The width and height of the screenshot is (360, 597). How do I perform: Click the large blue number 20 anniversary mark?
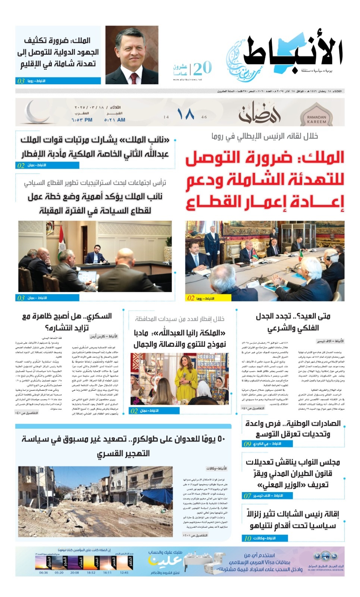tap(203, 68)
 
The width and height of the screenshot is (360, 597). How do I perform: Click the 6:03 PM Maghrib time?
tap(82, 120)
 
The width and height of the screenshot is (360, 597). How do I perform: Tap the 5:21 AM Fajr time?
tap(115, 120)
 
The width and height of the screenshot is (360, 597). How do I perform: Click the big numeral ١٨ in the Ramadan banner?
tap(185, 115)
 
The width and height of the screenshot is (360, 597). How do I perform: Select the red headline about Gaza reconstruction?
tap(265, 180)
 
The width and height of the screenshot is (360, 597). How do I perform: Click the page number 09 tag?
tap(247, 444)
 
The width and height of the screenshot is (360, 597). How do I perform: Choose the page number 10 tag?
tap(248, 538)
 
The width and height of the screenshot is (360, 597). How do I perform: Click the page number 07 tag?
tap(247, 496)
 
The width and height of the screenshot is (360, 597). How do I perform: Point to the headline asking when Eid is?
tap(293, 322)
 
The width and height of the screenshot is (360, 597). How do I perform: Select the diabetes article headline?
tap(67, 322)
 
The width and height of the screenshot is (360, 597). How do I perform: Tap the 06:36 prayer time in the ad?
tap(44, 572)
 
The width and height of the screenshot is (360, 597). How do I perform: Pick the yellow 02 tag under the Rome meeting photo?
tap(191, 298)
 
